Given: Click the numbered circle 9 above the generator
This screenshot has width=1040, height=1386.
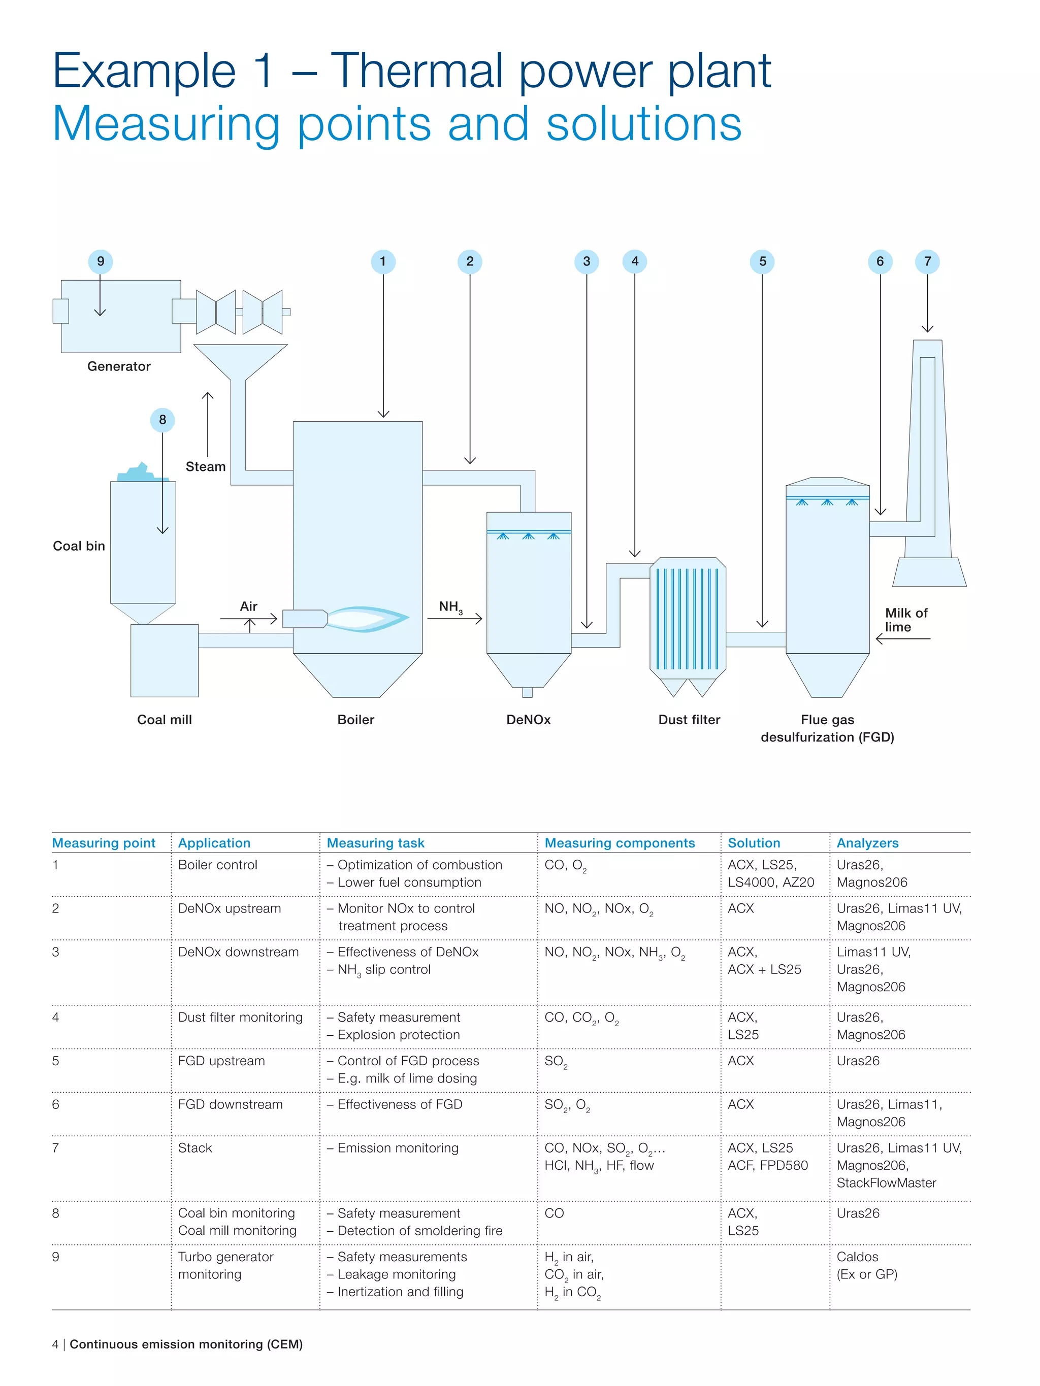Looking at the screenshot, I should point(101,261).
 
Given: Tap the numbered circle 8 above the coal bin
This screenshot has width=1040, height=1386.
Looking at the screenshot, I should point(162,420).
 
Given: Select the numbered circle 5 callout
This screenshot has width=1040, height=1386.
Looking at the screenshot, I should point(762,261).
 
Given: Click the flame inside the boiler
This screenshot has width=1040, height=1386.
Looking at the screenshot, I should point(367,619).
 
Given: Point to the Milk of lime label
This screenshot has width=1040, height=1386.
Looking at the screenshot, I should point(905,620).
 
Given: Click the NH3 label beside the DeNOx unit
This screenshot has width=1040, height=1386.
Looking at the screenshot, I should point(450,607).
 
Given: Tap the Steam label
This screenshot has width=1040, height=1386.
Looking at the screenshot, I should point(205,467).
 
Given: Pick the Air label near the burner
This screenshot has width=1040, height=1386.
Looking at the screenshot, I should point(248,606).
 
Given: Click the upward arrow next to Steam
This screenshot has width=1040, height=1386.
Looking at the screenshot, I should point(208,426).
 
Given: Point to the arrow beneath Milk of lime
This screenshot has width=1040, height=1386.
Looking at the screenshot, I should point(903,639).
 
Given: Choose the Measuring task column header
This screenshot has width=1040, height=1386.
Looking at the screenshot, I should point(375,843).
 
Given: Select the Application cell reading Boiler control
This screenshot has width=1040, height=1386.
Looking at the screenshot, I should point(217,865).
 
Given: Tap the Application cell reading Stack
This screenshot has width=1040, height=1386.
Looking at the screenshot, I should point(195,1148).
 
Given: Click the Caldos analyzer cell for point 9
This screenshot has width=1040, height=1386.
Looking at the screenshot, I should point(857,1258).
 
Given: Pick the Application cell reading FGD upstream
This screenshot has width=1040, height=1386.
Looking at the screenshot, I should point(221,1061).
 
